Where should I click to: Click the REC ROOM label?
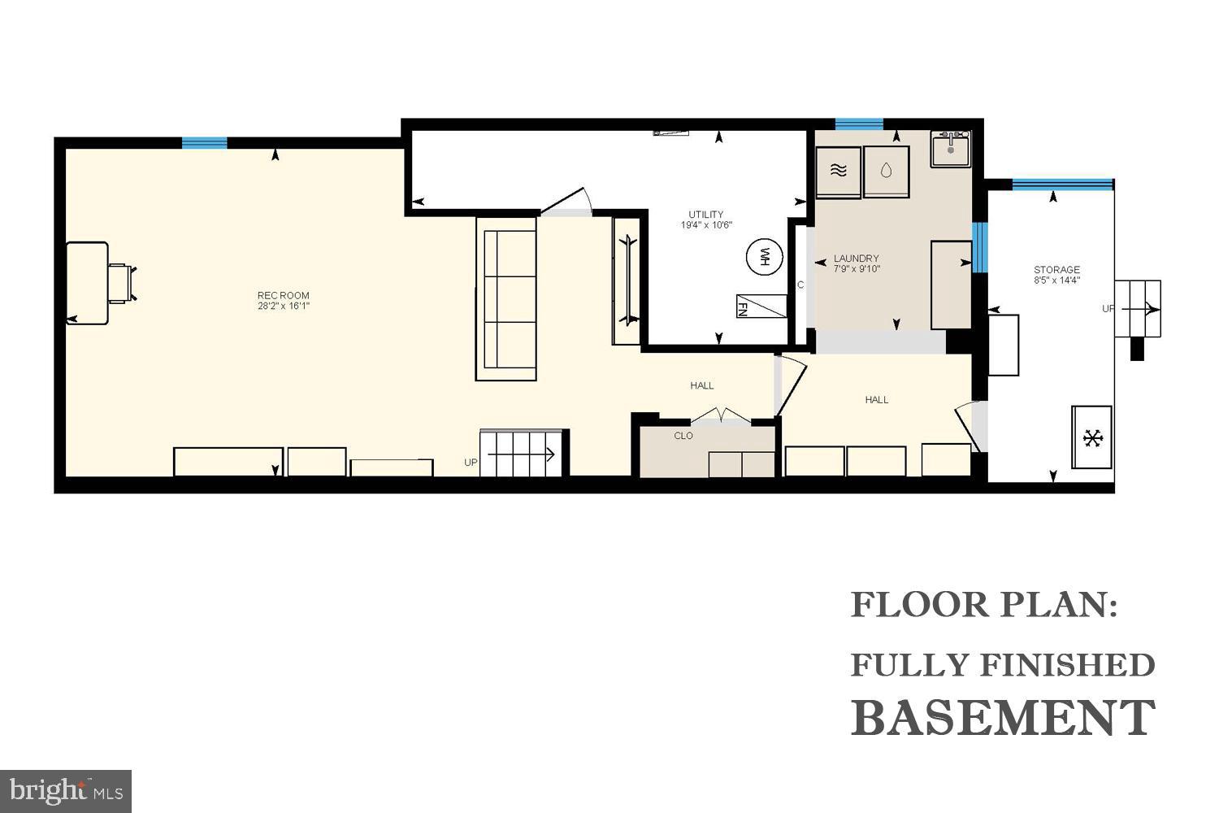tap(283, 295)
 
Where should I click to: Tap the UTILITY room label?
tap(706, 215)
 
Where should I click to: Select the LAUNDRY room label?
tap(857, 259)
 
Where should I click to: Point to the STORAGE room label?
tap(1056, 270)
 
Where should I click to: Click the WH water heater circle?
tap(763, 257)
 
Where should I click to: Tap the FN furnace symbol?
tap(761, 306)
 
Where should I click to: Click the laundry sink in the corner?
tap(950, 149)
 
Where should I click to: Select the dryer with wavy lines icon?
tap(839, 172)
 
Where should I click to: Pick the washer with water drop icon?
tap(886, 172)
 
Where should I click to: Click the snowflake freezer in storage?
tap(1092, 438)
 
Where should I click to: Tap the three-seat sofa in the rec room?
tap(505, 299)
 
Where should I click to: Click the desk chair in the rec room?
tap(122, 283)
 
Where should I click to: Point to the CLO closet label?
tap(683, 436)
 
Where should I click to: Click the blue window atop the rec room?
tap(204, 143)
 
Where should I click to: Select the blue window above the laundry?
tap(858, 124)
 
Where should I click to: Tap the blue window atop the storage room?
tap(1062, 185)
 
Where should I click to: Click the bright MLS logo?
tap(65, 790)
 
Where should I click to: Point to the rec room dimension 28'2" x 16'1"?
tap(283, 307)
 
